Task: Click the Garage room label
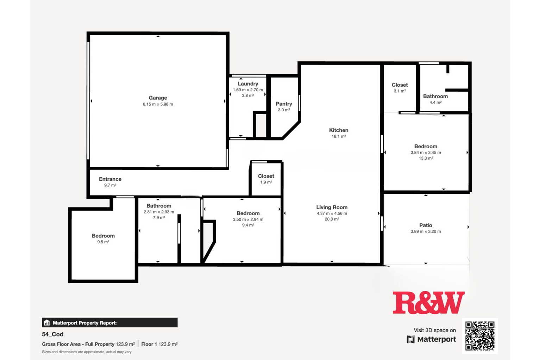pos(158,98)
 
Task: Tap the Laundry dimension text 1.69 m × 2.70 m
pos(248,90)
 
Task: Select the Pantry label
pos(284,104)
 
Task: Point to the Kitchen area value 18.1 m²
pos(339,136)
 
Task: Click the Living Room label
pos(332,207)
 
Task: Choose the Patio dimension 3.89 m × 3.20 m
pos(426,231)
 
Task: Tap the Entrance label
pos(110,179)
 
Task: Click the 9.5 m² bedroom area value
pos(103,242)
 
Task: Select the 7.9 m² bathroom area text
pos(159,218)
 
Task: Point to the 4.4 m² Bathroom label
pos(435,96)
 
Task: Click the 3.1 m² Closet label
pos(400,85)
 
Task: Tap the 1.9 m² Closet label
pos(266,176)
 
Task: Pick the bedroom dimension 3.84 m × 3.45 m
pos(426,153)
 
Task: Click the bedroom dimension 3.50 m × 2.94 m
pos(248,219)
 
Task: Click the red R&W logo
pos(428,303)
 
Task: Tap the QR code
pos(480,336)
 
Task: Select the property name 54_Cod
pos(52,334)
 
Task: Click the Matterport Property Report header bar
pos(110,323)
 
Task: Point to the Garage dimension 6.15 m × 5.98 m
pos(158,104)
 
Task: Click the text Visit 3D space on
pos(435,330)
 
